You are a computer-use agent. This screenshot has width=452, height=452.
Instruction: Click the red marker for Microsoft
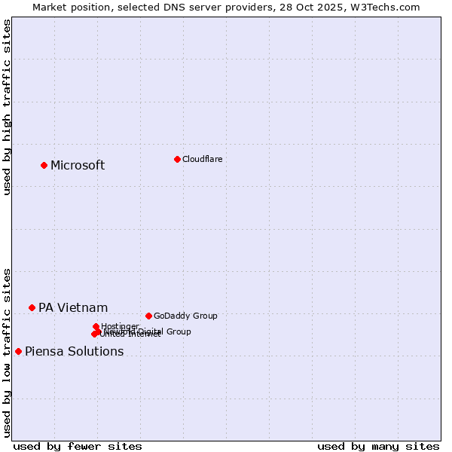44,165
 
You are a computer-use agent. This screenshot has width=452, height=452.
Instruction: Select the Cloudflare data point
177,159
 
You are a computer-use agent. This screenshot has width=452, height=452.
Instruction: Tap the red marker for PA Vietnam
32,307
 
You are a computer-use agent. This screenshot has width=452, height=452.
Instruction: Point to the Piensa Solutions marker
18,351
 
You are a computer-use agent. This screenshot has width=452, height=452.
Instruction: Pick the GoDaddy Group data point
148,316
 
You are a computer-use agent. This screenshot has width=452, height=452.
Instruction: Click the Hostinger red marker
96,326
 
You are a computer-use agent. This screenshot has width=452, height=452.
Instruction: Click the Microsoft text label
78,166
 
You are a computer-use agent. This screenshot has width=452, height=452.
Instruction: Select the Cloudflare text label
202,159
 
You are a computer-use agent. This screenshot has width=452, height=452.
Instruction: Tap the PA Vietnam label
73,308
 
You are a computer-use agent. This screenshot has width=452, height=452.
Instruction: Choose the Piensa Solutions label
74,352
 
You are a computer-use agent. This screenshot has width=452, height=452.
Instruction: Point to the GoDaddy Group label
185,316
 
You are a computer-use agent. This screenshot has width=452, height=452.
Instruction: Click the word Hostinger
120,326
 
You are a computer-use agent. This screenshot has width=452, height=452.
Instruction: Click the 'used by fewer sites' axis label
78,446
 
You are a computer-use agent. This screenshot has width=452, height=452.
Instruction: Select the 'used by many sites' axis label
378,446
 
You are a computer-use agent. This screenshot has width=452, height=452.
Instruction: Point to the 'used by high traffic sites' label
7,107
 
